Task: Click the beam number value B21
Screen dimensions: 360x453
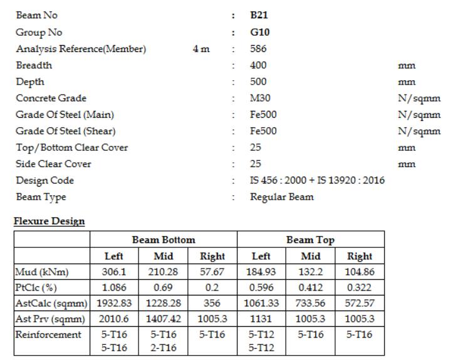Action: coord(259,16)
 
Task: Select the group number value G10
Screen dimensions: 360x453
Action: coord(259,33)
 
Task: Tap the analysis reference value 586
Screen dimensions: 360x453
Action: coord(258,49)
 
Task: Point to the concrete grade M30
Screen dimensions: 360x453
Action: coord(259,98)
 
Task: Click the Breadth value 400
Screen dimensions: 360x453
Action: coord(258,65)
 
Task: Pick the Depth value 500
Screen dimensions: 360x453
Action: coord(258,82)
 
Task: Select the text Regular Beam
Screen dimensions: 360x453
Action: coord(281,197)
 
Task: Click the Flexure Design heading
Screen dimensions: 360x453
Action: coord(49,222)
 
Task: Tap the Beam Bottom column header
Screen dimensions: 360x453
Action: coord(164,240)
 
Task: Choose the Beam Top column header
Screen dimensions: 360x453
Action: coord(310,240)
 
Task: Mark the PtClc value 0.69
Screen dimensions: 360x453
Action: coord(164,288)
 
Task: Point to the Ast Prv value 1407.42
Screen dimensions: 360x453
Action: coord(164,319)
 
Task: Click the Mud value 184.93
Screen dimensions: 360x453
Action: coord(261,272)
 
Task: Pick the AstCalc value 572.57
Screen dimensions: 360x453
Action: coord(360,304)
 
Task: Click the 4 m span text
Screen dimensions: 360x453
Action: coord(201,49)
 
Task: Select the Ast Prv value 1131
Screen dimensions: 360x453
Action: coord(261,319)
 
